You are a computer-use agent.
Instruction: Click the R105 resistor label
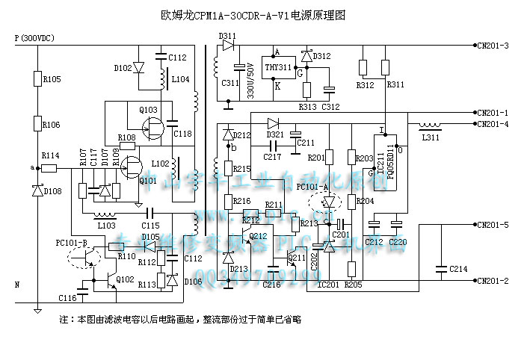pyautogui.click(x=52, y=78)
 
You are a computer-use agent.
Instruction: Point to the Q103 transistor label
pyautogui.click(x=148, y=109)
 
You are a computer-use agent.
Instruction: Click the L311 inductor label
pyautogui.click(x=431, y=138)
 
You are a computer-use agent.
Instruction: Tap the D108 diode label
pyautogui.click(x=52, y=192)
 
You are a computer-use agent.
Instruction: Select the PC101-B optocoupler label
pyautogui.click(x=71, y=242)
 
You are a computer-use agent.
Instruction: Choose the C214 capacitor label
pyautogui.click(x=458, y=269)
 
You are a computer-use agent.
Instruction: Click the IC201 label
pyautogui.click(x=329, y=284)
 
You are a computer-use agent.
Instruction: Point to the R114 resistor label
pyautogui.click(x=50, y=155)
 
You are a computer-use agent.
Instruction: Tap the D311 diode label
pyautogui.click(x=227, y=35)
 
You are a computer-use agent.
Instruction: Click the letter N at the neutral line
pyautogui.click(x=17, y=285)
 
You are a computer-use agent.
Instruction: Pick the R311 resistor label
pyautogui.click(x=395, y=85)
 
